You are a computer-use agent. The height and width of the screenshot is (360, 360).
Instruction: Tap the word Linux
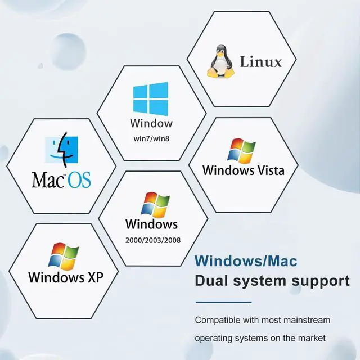[260, 61]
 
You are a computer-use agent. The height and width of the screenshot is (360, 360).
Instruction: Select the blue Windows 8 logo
[150, 98]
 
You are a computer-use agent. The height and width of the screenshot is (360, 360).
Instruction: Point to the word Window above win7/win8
[151, 123]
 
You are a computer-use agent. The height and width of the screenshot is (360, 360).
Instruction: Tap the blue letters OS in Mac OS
[79, 180]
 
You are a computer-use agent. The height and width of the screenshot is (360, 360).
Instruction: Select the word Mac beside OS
[49, 180]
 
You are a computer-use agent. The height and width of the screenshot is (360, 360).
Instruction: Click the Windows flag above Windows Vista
[241, 151]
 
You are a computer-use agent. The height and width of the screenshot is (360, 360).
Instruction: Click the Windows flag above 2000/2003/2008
[156, 205]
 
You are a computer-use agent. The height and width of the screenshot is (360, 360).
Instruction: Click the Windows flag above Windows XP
[63, 256]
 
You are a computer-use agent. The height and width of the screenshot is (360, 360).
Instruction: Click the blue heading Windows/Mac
[246, 262]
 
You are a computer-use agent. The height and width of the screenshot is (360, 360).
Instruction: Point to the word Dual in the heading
[211, 280]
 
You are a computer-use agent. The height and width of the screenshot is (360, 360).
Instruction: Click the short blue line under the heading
[223, 302]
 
